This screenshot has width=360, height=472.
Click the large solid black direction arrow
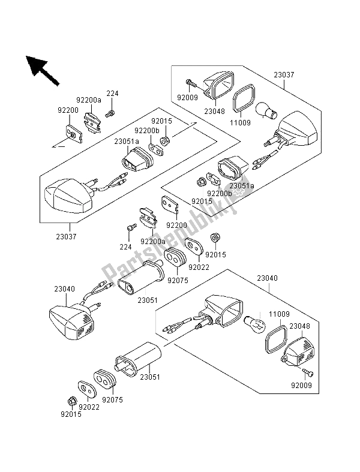(x=40, y=68)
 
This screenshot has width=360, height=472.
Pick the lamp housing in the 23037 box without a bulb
(x=66, y=196)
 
